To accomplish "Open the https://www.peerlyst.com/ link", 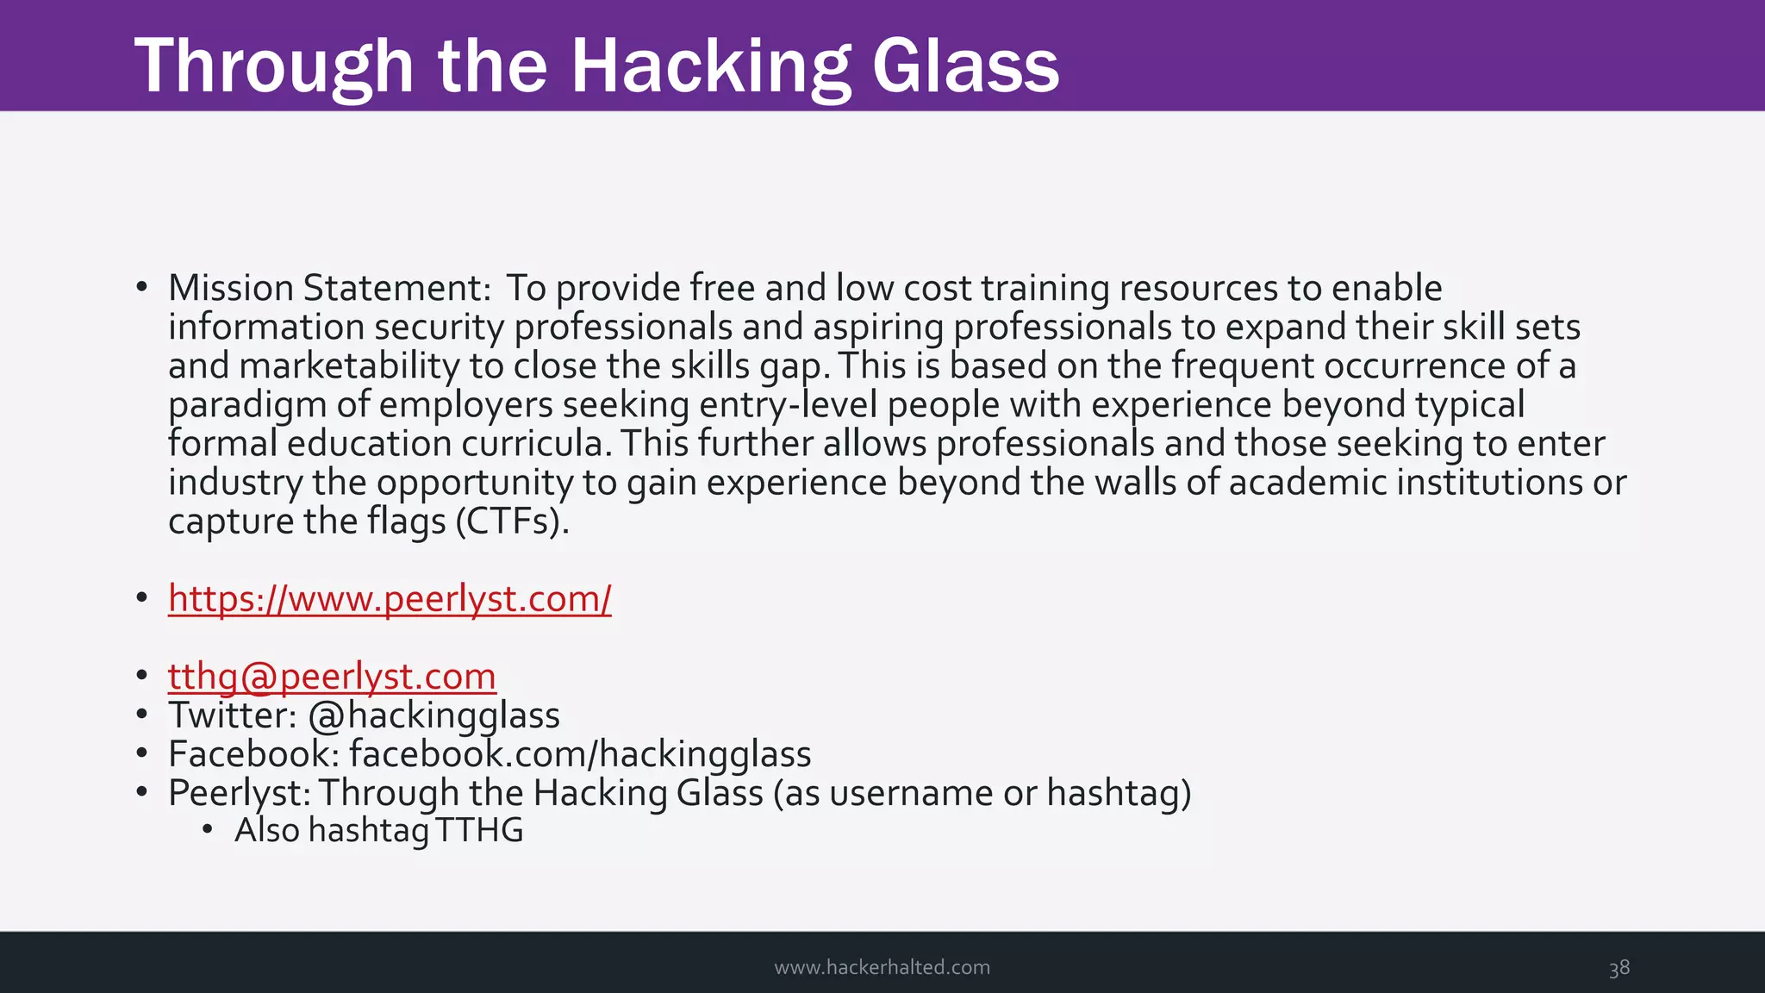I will [390, 598].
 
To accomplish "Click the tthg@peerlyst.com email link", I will [332, 677].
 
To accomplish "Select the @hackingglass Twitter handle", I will [433, 715].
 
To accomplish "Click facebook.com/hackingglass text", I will [580, 754].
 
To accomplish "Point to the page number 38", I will [1618, 967].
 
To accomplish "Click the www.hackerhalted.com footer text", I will [882, 967].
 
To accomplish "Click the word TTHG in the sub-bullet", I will [479, 830].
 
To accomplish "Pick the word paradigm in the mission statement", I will [246, 405].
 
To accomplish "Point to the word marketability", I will [349, 366].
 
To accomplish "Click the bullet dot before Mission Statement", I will [141, 287].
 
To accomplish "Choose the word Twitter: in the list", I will [233, 715].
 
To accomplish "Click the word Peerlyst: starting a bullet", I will [239, 793].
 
